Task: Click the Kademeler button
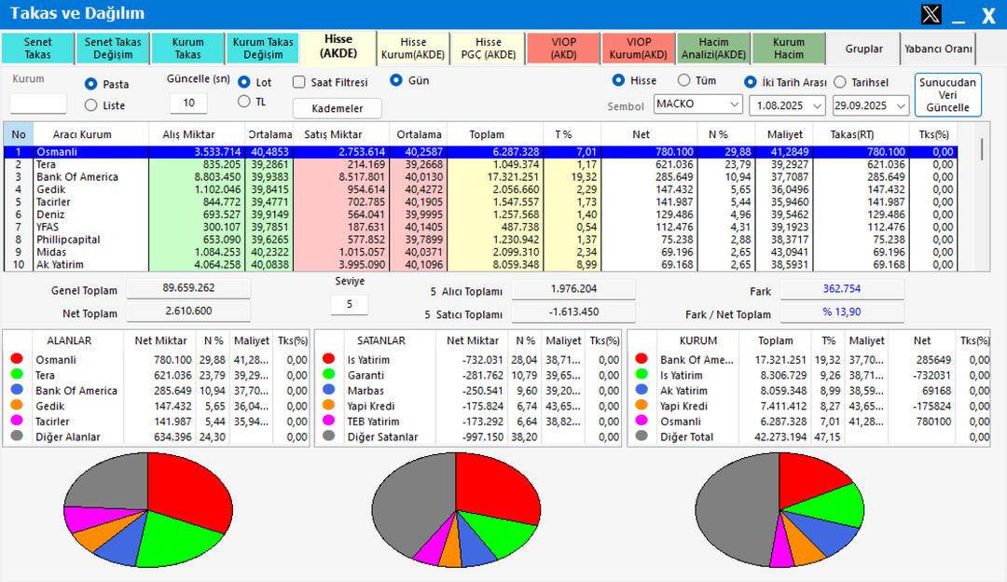pos(338,108)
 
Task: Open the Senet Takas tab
pos(37,48)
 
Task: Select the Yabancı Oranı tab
pos(938,48)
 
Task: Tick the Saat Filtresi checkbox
pos(299,82)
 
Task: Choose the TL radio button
pos(244,102)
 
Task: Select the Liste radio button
pos(91,105)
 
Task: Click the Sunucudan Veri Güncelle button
pos(947,94)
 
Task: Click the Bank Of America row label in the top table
pos(76,177)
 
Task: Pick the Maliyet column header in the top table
pos(785,134)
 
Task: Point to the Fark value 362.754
pos(842,290)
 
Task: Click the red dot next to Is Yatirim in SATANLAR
pos(328,359)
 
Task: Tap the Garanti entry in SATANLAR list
pos(366,375)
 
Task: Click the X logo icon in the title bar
pos(931,14)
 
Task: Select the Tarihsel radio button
pos(840,82)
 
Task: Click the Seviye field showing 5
pos(350,304)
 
